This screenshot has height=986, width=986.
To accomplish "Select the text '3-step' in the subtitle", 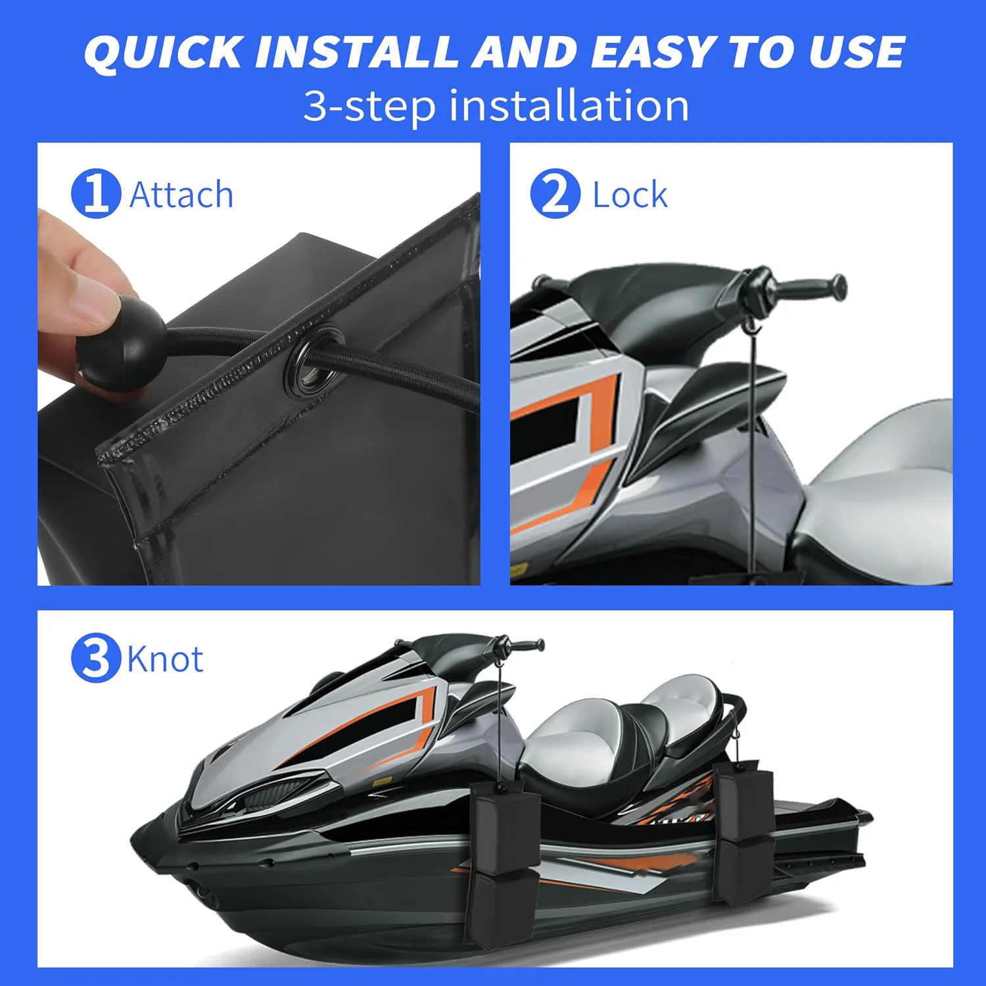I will [x=369, y=106].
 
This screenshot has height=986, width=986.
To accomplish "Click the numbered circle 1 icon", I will [x=96, y=194].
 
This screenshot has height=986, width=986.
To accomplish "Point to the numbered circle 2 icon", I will [x=555, y=194].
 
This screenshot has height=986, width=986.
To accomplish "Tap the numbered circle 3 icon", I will [x=96, y=658].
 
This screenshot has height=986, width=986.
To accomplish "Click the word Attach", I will [x=181, y=195].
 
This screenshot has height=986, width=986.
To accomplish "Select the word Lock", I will [x=630, y=195].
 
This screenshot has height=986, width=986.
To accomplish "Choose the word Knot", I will [x=165, y=659].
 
